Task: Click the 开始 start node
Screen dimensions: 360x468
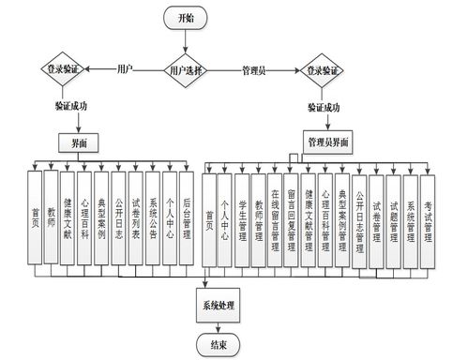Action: pyautogui.click(x=186, y=17)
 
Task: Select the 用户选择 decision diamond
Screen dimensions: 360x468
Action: pyautogui.click(x=186, y=69)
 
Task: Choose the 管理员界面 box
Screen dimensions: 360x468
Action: pyautogui.click(x=328, y=142)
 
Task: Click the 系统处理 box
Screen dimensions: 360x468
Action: pyautogui.click(x=219, y=305)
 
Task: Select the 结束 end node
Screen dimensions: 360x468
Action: pyautogui.click(x=219, y=345)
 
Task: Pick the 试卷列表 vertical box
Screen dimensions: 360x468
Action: pyautogui.click(x=136, y=218)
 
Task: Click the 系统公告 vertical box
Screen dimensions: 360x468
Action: pyautogui.click(x=153, y=218)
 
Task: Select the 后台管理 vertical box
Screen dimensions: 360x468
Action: pyautogui.click(x=186, y=218)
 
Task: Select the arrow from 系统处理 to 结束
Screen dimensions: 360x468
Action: pyautogui.click(x=219, y=325)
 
